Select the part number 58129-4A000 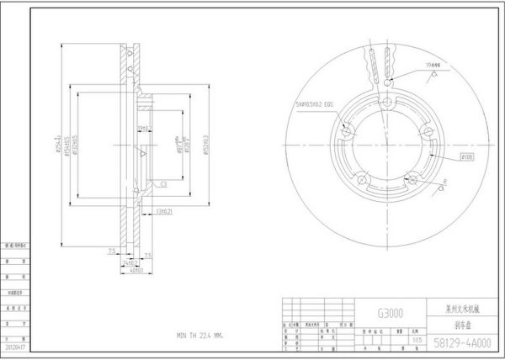pyautogui.click(x=462, y=343)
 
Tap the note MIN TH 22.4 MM pyautogui.click(x=199, y=335)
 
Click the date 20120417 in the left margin pyautogui.click(x=15, y=344)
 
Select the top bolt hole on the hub pyautogui.click(x=386, y=103)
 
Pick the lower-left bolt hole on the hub pyautogui.click(x=363, y=177)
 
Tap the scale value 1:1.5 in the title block pyautogui.click(x=414, y=340)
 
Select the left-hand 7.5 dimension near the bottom pyautogui.click(x=111, y=251)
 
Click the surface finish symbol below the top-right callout pyautogui.click(x=433, y=76)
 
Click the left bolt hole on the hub pyautogui.click(x=348, y=132)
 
